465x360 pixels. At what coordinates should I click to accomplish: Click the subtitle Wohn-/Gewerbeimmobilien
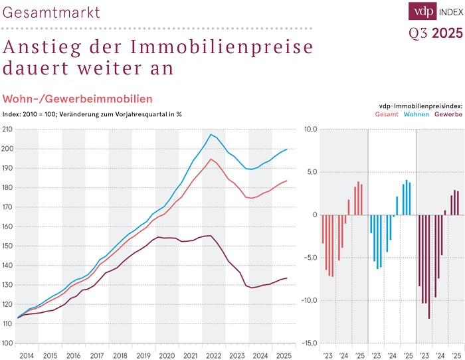point(78,99)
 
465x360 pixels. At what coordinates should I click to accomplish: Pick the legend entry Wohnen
point(417,114)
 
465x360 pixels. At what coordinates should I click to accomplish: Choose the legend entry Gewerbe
point(449,114)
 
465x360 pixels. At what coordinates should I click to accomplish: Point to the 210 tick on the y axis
point(7,129)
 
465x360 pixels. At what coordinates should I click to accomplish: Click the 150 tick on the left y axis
point(7,246)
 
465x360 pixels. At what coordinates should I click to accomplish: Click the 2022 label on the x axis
point(213,356)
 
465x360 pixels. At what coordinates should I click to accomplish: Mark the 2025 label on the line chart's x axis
point(283,356)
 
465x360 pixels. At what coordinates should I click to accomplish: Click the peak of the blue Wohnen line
point(211,135)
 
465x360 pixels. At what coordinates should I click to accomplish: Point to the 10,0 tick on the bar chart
point(311,129)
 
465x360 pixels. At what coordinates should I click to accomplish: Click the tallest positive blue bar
point(407,197)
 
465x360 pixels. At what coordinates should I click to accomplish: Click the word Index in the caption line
point(13,114)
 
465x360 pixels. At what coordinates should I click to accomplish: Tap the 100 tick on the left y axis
point(7,343)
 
